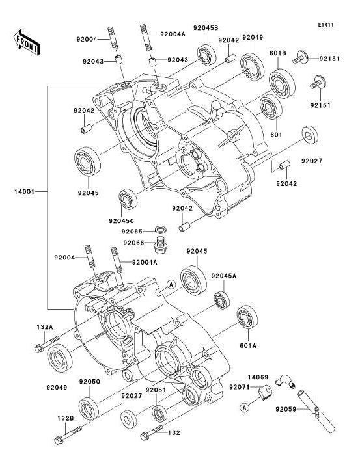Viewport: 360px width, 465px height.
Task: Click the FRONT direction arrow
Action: (26, 42)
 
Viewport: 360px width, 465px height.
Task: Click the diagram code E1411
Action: (326, 25)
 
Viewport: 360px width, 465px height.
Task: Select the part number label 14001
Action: (24, 192)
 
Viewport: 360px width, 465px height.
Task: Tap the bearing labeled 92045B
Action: (207, 55)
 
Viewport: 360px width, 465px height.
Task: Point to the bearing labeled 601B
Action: (282, 83)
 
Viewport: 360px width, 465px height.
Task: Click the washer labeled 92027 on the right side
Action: (310, 135)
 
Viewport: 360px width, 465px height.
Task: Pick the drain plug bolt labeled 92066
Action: (160, 245)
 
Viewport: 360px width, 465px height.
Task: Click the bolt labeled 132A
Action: (47, 343)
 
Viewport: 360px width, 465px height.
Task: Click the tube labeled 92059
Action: (316, 411)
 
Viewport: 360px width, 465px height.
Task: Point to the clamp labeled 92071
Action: (265, 392)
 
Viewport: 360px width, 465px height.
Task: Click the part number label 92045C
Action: (121, 221)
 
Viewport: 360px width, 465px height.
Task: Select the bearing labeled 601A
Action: (247, 317)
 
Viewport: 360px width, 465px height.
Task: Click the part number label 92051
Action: (156, 390)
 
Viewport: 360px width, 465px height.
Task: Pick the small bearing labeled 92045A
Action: (222, 300)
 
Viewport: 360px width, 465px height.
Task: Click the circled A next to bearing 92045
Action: (171, 284)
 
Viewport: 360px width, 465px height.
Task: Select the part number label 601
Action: (276, 135)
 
